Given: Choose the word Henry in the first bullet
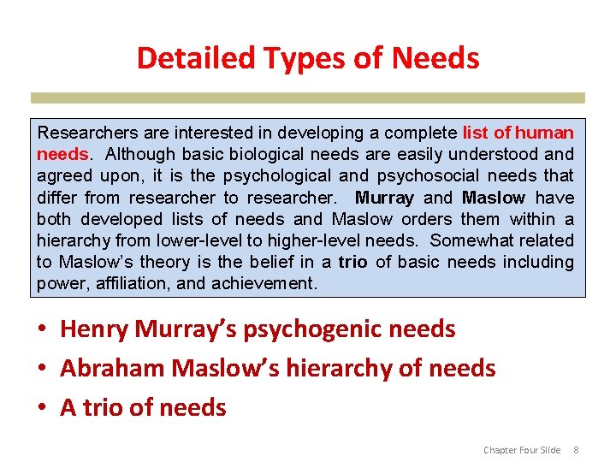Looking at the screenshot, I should click(x=92, y=329).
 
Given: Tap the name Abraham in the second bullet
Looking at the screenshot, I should click(x=112, y=368).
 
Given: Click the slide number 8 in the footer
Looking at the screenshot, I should click(x=576, y=450).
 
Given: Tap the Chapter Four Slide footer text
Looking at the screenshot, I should click(x=522, y=450).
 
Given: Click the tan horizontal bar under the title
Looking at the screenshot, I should click(x=308, y=98).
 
